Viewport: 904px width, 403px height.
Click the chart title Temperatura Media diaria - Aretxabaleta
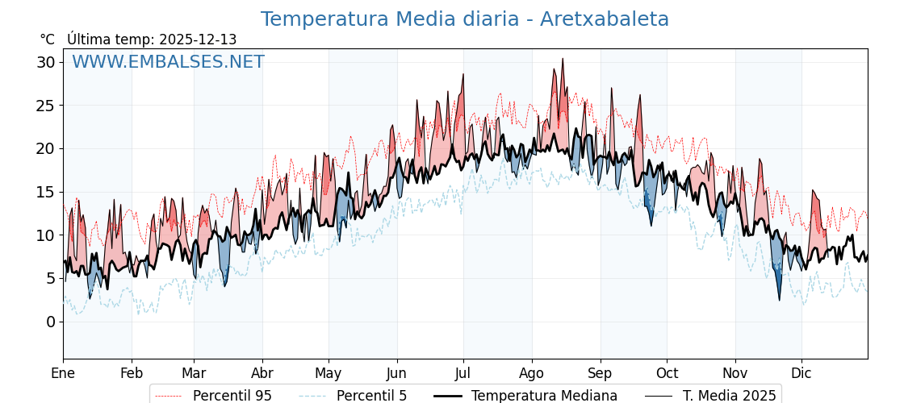click(x=464, y=19)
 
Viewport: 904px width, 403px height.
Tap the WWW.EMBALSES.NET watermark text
click(x=168, y=62)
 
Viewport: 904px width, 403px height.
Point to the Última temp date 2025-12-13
click(x=198, y=39)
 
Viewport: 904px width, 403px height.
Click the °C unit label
click(x=48, y=39)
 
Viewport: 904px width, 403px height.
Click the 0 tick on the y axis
click(x=51, y=322)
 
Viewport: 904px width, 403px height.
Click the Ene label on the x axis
click(x=63, y=373)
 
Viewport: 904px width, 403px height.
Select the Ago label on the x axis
click(x=532, y=373)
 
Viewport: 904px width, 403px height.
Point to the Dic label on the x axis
click(x=801, y=373)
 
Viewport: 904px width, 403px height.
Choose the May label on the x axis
click(x=329, y=373)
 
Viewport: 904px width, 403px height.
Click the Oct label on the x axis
click(x=667, y=373)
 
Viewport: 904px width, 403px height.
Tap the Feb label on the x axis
click(x=132, y=373)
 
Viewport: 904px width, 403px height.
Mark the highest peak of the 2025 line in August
click(x=563, y=59)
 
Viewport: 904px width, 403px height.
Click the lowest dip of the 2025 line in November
click(x=780, y=301)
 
